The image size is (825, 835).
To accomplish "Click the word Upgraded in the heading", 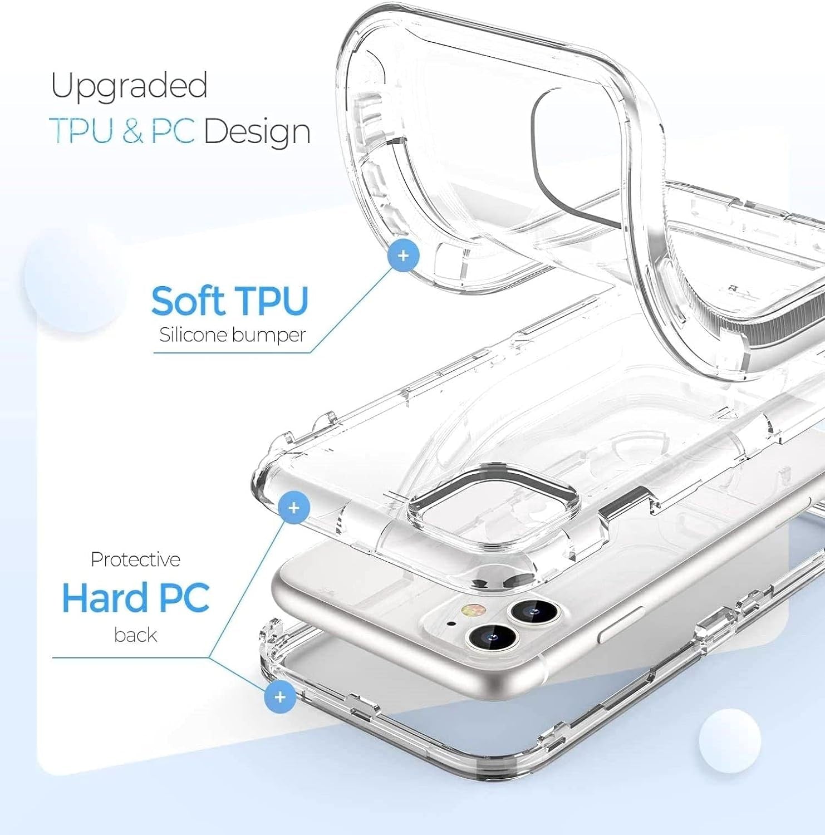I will pyautogui.click(x=129, y=86).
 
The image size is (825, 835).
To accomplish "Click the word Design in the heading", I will pyautogui.click(x=257, y=132).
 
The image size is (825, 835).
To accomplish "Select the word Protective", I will pyautogui.click(x=135, y=559).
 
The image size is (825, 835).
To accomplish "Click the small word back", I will pyautogui.click(x=135, y=635).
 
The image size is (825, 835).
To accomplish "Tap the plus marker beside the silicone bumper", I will pyautogui.click(x=404, y=256).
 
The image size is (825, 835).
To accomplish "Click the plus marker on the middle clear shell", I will pyautogui.click(x=294, y=507).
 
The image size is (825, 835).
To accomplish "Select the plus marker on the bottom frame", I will pyautogui.click(x=280, y=696).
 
